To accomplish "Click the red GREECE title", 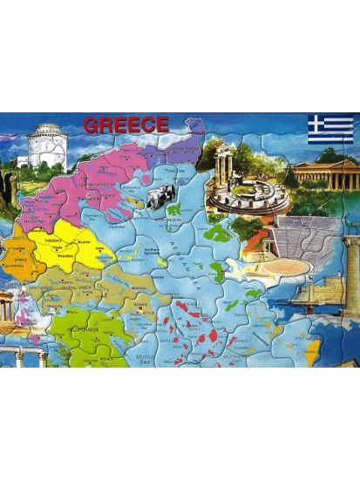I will [126, 125].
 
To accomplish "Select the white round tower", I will [46, 146].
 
